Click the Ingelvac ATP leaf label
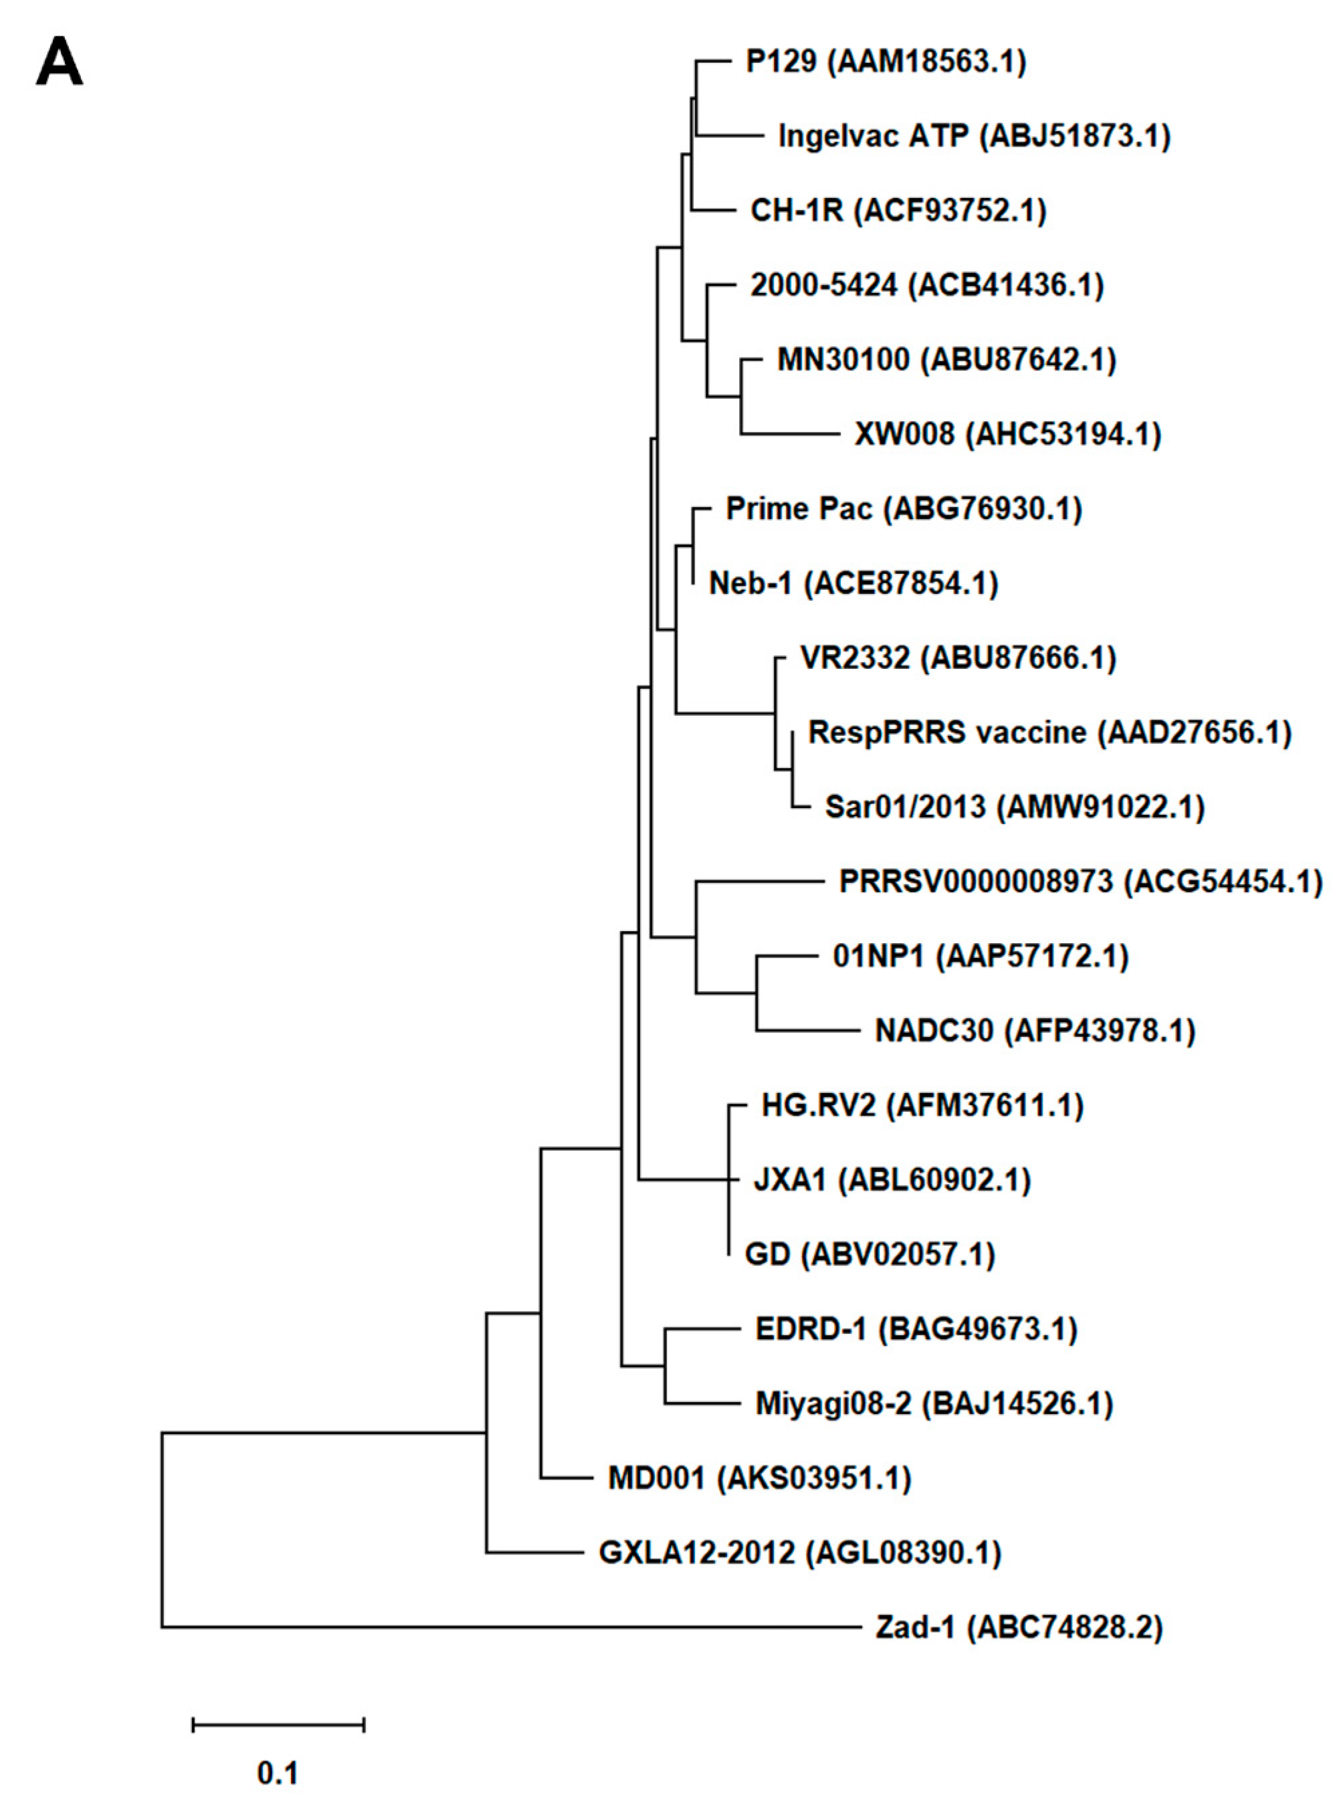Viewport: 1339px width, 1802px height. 973,136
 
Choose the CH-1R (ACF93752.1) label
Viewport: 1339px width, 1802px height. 898,211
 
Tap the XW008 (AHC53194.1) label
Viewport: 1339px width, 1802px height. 1007,435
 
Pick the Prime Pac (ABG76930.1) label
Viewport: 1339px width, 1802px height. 903,509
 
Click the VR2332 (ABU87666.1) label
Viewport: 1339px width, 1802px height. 958,658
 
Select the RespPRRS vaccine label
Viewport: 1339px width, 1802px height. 1049,733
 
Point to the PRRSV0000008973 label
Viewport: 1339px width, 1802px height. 1079,882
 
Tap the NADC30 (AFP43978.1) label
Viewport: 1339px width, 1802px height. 1034,1031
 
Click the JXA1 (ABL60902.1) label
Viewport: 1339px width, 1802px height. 892,1180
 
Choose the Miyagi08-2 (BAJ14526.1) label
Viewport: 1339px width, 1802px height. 934,1404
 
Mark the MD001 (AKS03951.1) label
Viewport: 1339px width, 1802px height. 760,1478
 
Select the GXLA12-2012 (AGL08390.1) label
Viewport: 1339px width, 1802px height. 799,1553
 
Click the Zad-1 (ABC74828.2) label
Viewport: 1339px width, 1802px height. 1019,1627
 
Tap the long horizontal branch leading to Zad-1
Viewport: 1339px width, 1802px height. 510,1627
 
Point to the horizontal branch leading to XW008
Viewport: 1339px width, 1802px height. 791,435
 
